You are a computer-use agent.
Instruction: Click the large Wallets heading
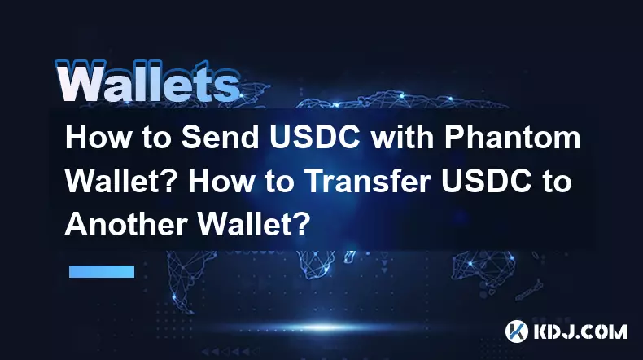(x=147, y=81)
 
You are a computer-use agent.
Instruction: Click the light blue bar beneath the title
(x=102, y=271)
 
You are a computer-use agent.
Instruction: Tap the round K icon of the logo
(x=516, y=331)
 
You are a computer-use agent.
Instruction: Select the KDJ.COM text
(x=580, y=331)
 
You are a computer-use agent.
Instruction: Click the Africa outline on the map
(x=316, y=264)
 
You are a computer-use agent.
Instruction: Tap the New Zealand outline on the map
(x=531, y=289)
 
